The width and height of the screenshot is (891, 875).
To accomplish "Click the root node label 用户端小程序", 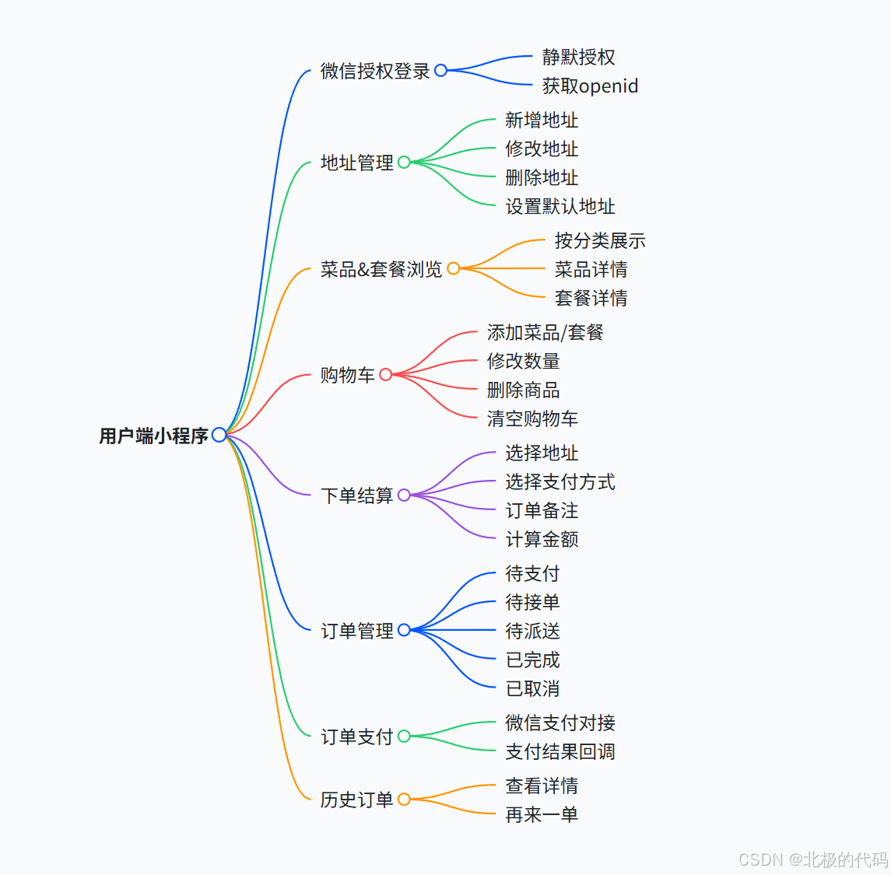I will (153, 436).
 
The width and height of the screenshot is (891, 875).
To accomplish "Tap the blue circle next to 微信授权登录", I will (440, 71).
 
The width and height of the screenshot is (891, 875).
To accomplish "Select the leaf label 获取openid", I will (590, 86).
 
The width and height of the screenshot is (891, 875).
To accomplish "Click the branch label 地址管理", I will (357, 163).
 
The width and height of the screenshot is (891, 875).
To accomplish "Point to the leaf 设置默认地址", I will (560, 206).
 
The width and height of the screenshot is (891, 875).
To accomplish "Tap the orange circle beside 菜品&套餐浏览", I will (454, 268).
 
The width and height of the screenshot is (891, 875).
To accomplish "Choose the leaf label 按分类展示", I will (600, 240).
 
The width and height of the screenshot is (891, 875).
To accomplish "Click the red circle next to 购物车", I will (385, 375).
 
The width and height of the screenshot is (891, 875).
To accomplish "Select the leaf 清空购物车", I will (532, 418).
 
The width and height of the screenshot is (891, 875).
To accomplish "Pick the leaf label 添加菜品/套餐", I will (545, 332).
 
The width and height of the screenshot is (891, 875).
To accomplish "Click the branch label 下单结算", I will (357, 495).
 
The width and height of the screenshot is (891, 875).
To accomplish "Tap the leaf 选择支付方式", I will (560, 481).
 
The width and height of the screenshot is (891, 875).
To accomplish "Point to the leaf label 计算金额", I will (542, 539).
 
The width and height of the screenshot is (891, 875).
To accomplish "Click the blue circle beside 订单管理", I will (404, 630).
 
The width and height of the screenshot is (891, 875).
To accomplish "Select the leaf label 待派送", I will (532, 631).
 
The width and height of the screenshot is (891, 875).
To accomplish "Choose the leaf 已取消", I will (532, 688).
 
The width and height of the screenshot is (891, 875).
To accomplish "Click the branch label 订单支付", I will (357, 737).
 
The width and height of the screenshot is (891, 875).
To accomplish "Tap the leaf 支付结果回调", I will (560, 751).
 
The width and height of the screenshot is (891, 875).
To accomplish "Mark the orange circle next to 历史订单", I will (404, 800).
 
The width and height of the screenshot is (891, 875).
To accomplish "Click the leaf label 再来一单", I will (542, 814).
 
